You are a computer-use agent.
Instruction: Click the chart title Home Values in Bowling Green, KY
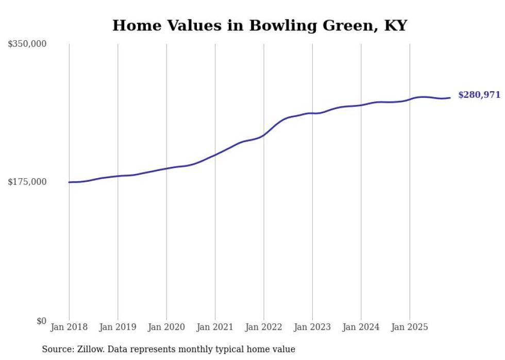260,25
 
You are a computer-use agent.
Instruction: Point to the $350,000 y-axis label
27,44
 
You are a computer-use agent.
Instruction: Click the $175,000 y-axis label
27,182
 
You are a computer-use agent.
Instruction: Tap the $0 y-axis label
41,321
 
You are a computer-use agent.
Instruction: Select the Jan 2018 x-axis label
69,327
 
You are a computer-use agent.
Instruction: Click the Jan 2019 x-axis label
117,327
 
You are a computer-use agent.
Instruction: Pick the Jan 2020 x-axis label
166,327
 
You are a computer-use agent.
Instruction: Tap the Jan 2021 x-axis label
215,327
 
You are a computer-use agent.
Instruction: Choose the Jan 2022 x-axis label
264,327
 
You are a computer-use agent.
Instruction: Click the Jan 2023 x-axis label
312,327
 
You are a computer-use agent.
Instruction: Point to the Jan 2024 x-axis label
361,327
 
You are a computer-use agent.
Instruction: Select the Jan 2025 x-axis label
410,327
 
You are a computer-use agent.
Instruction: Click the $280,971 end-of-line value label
479,95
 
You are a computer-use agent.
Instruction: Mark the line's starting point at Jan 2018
70,182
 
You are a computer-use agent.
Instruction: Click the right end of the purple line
450,98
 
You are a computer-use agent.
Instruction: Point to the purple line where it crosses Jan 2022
264,135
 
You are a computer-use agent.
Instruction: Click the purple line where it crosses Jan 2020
166,168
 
